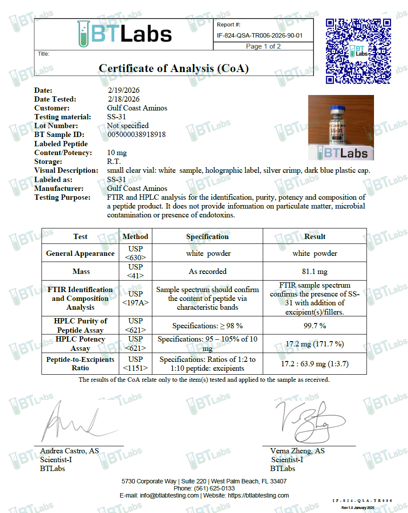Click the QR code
pos(358,51)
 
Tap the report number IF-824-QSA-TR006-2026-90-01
pos(260,36)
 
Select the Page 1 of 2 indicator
pos(263,46)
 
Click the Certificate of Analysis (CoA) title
pos(174,68)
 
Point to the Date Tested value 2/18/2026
pos(123,99)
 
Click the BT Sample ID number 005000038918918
pos(136,135)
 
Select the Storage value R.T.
pos(114,162)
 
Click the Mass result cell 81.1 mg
pos(314,271)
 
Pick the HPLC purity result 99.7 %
pos(314,326)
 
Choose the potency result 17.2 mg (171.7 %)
pos(314,344)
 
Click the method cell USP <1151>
pos(136,364)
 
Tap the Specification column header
pos(207,236)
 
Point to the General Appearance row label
pos(80,254)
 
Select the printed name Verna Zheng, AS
pos(297,451)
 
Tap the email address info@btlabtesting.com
pos(169,495)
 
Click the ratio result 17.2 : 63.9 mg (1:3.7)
pos(314,364)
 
